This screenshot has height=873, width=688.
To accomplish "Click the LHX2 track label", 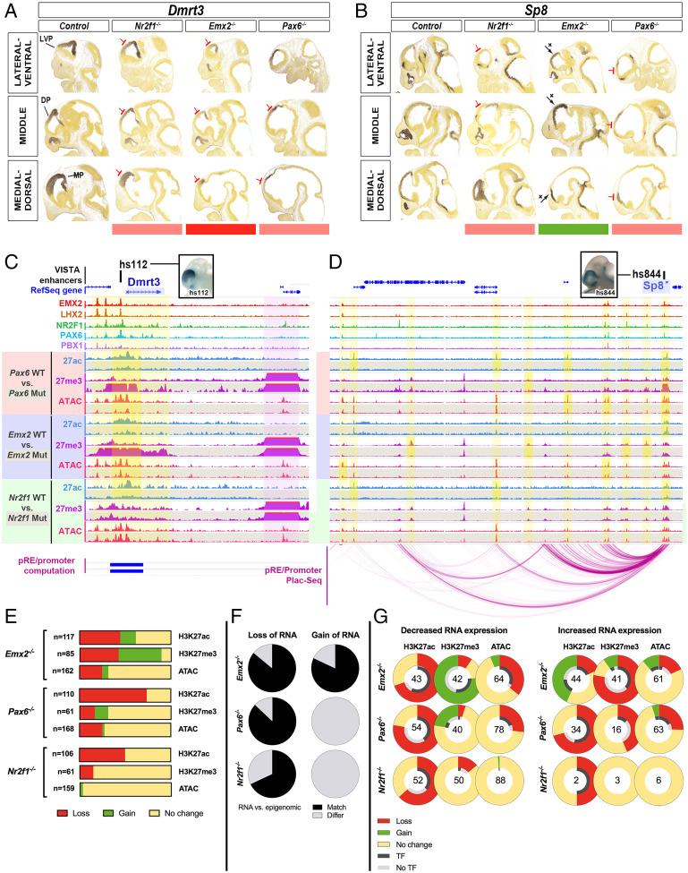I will tap(68, 315).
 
